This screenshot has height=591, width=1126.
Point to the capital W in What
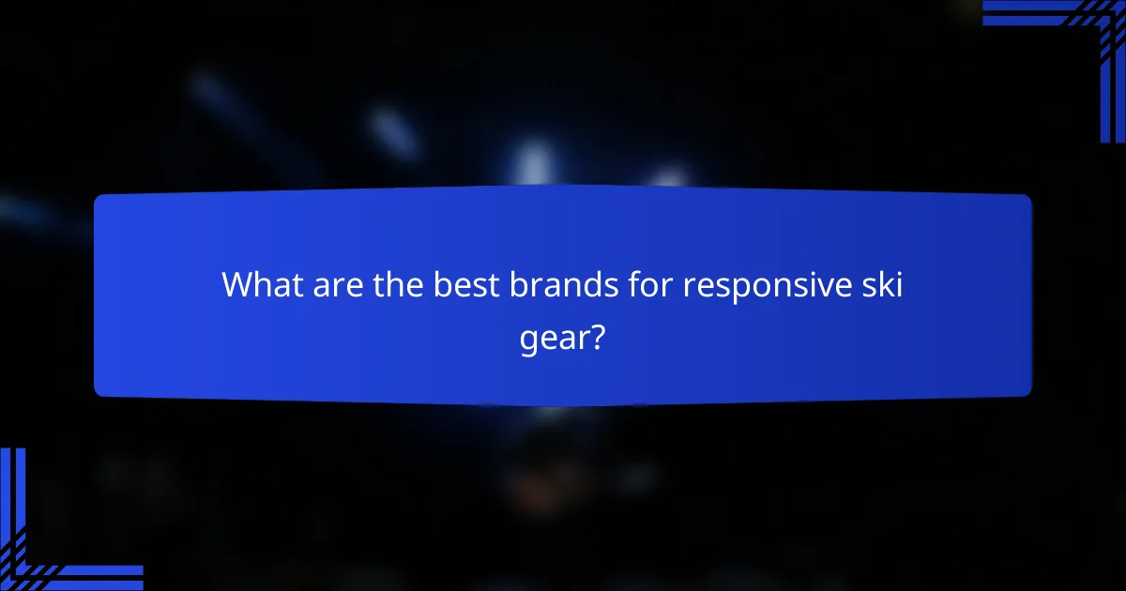(x=236, y=285)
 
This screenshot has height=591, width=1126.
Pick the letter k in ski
(x=885, y=284)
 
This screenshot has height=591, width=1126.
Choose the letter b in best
(x=442, y=284)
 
